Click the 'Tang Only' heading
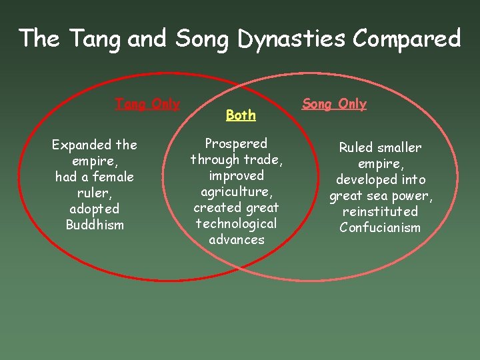coord(147,105)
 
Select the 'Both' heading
coord(241,115)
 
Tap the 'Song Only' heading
coord(334,104)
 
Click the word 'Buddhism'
coord(95,225)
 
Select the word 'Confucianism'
coord(380,227)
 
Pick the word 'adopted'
coord(95,209)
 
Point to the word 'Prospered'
coord(236,143)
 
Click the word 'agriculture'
coord(236,191)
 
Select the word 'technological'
coord(236,223)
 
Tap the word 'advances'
coord(236,239)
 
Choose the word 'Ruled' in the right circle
coord(357,147)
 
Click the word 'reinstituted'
coord(380,211)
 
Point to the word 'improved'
coord(236,175)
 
